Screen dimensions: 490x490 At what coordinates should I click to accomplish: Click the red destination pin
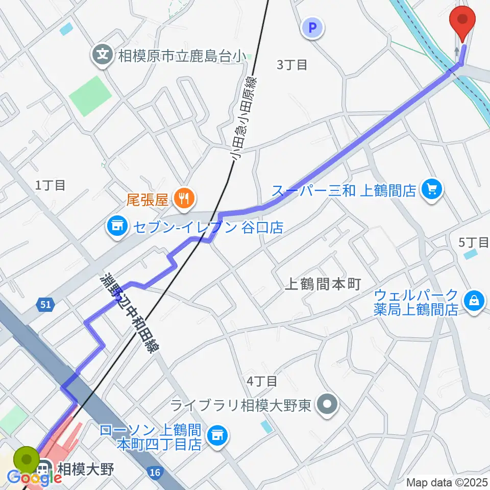462,20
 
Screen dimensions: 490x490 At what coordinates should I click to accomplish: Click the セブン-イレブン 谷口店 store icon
117,227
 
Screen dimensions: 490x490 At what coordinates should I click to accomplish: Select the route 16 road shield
156,473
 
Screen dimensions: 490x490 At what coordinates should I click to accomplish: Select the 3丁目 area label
292,65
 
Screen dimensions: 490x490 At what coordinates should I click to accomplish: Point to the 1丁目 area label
51,185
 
